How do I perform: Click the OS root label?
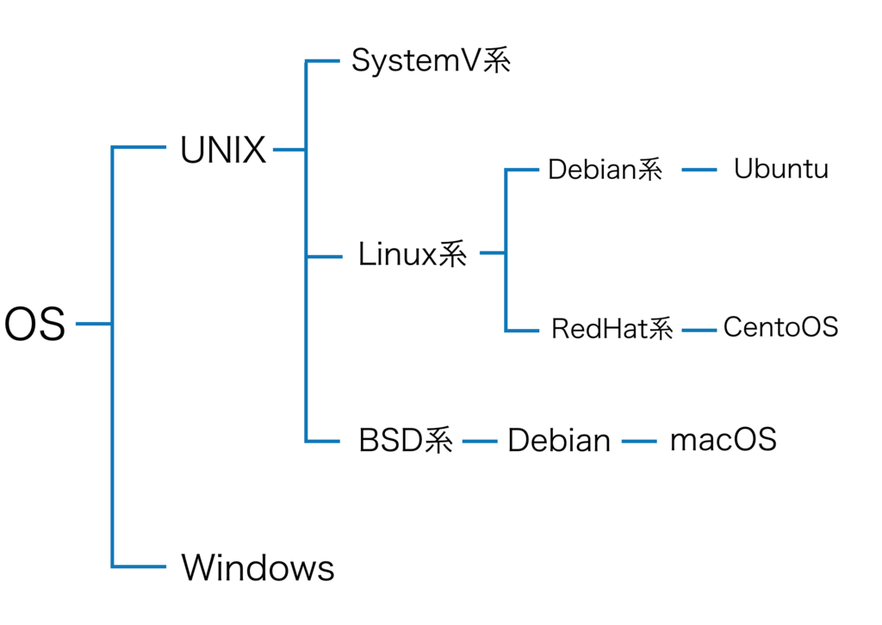pos(34,325)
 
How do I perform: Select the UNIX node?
pos(223,150)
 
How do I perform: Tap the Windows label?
pos(258,567)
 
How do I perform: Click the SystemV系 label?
pos(431,61)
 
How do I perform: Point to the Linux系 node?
pos(413,254)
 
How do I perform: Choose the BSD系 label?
pos(405,442)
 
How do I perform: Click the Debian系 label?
pos(605,170)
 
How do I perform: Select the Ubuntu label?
pos(780,169)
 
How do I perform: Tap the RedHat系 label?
pos(612,329)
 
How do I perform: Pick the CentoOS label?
pos(780,327)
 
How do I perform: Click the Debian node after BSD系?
pos(559,442)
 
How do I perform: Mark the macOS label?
pos(723,440)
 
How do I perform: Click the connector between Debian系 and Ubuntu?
pos(699,170)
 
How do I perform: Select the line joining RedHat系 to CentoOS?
pos(699,330)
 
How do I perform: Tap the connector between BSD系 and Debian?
pos(480,442)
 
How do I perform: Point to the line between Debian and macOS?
pos(639,442)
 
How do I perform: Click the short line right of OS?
pos(93,325)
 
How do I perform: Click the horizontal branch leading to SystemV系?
pos(323,61)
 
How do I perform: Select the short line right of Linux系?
pos(492,253)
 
